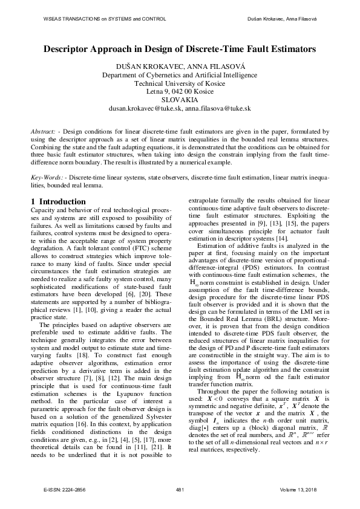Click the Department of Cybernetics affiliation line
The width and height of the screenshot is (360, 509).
180,75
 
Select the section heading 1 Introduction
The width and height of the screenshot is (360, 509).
58,201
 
